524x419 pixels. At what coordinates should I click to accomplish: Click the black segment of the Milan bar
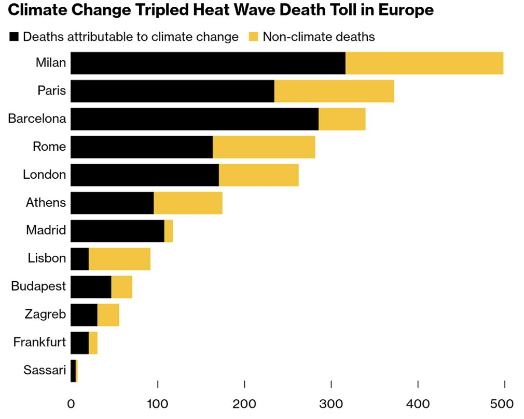(208, 63)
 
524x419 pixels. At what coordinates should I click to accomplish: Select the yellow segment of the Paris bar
(334, 91)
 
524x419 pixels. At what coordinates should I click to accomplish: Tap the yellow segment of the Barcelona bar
(342, 119)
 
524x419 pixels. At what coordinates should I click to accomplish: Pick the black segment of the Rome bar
(142, 147)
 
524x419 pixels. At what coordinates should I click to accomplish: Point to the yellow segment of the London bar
(258, 175)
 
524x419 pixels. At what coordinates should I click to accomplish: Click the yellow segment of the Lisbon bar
(119, 259)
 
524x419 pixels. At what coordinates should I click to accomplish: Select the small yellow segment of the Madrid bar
(169, 231)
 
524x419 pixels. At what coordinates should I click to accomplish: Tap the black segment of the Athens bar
(112, 203)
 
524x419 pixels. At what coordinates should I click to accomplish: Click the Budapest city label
(38, 286)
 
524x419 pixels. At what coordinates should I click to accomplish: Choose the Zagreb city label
(45, 315)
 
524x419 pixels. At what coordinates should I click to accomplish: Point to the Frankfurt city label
(39, 343)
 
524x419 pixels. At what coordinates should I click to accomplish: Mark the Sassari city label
(45, 371)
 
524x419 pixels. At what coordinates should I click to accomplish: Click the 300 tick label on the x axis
(331, 403)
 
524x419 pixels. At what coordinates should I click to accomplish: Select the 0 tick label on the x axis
(71, 403)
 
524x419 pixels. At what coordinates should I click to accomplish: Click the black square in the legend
(14, 37)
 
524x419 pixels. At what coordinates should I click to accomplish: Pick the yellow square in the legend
(254, 37)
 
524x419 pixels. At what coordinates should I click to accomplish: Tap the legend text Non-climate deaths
(319, 37)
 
